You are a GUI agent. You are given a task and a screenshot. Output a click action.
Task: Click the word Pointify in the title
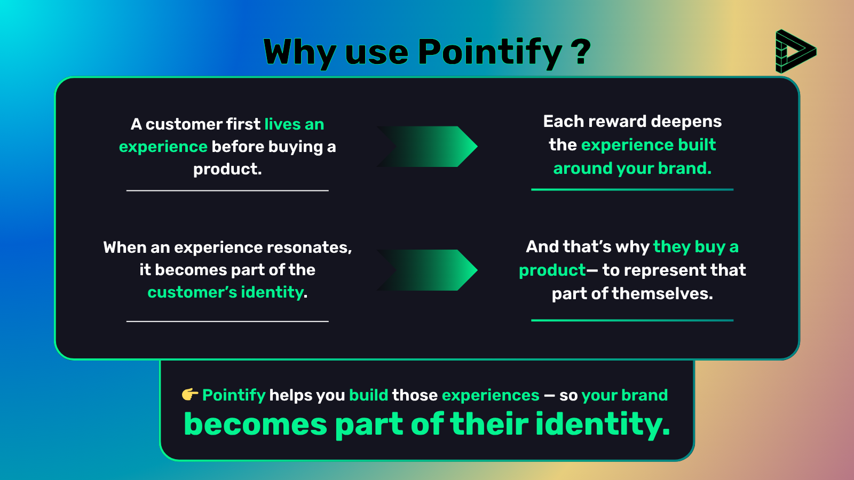tap(490, 53)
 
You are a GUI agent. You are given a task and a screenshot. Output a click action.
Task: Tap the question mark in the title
tap(581, 51)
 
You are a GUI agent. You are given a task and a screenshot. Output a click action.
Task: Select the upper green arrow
tap(427, 146)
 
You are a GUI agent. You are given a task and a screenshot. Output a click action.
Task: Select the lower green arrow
tap(427, 270)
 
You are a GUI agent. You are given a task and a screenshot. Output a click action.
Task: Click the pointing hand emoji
tap(190, 394)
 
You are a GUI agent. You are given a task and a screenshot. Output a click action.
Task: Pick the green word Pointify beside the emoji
tap(234, 395)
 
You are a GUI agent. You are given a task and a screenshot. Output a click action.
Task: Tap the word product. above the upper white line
tap(227, 169)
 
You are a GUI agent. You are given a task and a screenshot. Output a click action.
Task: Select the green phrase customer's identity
tap(226, 292)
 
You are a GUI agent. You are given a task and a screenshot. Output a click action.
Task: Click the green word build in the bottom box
tap(369, 395)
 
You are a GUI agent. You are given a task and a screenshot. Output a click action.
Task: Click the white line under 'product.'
tap(227, 190)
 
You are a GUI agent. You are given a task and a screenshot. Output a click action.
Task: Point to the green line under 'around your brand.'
tap(632, 189)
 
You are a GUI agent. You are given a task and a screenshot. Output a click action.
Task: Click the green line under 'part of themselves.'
tap(632, 321)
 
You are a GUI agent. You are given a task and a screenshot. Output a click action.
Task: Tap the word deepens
tap(686, 122)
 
